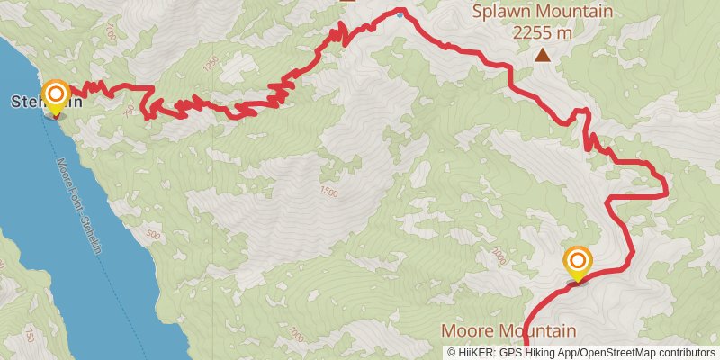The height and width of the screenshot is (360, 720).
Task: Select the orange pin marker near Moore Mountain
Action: pyautogui.click(x=577, y=263)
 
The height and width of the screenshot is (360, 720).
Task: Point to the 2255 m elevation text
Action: pyautogui.click(x=543, y=32)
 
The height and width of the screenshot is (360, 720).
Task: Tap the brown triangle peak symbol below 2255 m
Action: pyautogui.click(x=543, y=56)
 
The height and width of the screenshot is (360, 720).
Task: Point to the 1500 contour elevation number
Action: pyautogui.click(x=328, y=192)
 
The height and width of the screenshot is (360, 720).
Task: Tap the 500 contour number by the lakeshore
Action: pyautogui.click(x=151, y=236)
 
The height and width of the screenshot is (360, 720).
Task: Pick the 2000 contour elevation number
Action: pyautogui.click(x=499, y=257)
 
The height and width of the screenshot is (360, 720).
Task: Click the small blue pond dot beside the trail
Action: pyautogui.click(x=400, y=14)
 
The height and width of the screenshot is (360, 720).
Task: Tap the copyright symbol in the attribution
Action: pyautogui.click(x=452, y=352)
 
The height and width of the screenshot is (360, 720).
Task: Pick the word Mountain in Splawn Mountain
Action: pyautogui.click(x=575, y=13)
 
